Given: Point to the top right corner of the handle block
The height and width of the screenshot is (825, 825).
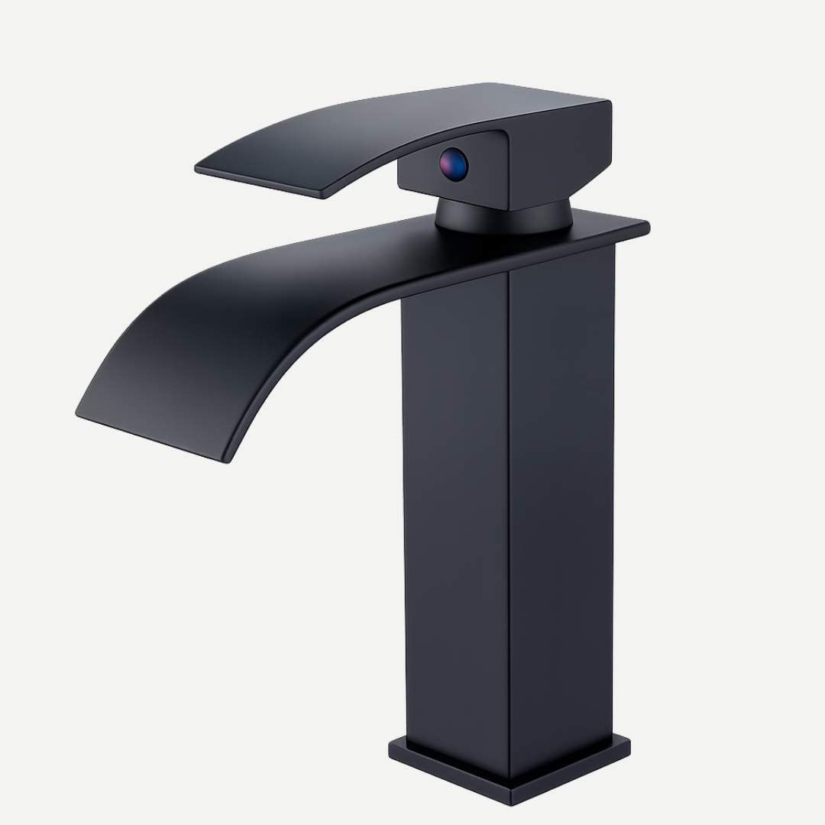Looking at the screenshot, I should pos(609,103).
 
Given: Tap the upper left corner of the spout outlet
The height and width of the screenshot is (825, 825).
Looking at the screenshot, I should pos(79,413).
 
